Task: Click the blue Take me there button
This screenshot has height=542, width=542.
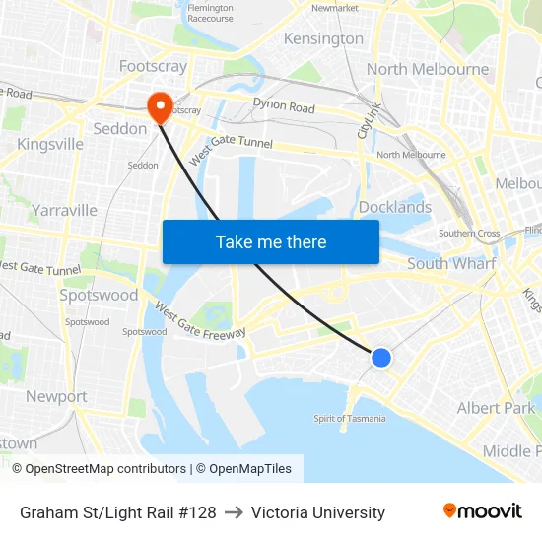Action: [271, 241]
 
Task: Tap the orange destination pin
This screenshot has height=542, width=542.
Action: [158, 106]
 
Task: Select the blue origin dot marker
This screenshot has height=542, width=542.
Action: [381, 358]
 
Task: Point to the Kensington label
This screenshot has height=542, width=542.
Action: [323, 39]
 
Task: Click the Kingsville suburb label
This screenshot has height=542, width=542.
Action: [50, 144]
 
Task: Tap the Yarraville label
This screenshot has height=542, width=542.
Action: [64, 210]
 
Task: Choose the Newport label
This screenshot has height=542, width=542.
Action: [56, 396]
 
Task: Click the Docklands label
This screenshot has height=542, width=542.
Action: [394, 207]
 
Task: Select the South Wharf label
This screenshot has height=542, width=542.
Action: [451, 263]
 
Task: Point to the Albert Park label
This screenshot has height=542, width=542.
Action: [496, 408]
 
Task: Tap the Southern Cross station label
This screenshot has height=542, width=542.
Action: [469, 234]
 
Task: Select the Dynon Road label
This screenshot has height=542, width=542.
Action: [284, 106]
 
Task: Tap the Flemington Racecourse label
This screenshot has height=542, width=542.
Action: [210, 13]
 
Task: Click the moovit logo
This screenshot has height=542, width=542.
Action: [482, 511]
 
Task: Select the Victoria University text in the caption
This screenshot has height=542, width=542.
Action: [318, 512]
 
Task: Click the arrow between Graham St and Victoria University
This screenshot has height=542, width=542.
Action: [234, 512]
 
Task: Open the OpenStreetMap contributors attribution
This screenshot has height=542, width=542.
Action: [101, 469]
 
